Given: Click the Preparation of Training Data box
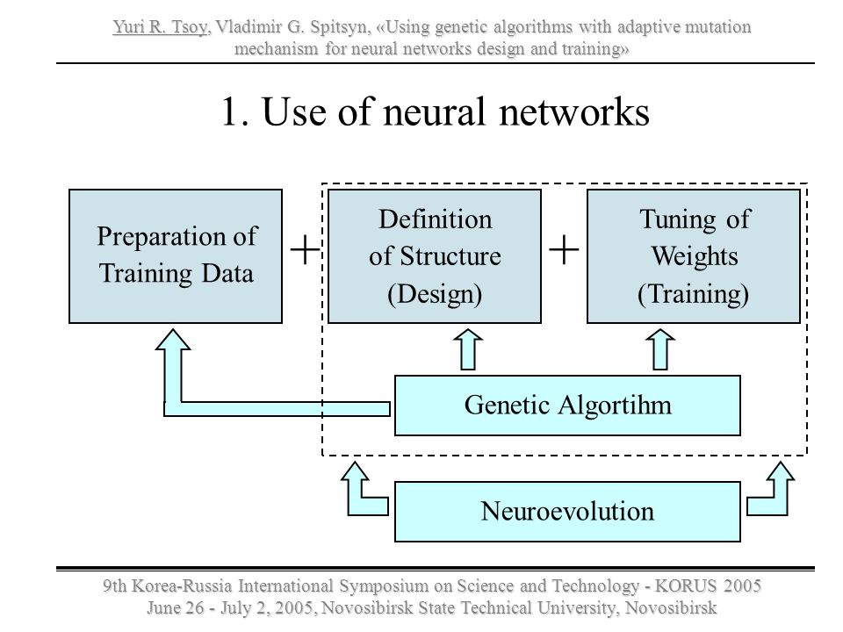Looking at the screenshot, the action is [176, 255].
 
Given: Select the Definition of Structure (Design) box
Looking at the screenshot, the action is [435, 255].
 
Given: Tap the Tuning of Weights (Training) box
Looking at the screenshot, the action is [694, 255].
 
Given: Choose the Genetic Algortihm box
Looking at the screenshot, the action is [568, 406].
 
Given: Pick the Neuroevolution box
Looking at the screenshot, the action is [568, 511].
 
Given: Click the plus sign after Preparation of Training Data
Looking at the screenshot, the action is [305, 250].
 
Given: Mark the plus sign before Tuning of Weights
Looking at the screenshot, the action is [564, 250].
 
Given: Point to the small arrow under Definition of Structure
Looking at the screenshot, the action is [468, 349].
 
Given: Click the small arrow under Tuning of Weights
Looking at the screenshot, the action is [659, 349].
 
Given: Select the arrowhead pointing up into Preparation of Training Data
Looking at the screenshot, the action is [173, 341].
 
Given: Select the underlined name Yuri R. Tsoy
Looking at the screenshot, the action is [160, 27].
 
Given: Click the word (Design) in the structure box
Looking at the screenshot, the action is [435, 294].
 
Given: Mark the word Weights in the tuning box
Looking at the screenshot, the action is [695, 255].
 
